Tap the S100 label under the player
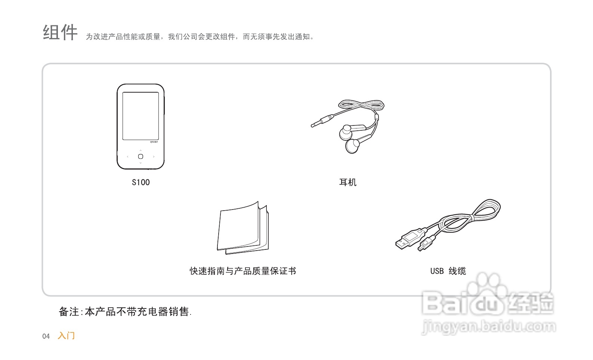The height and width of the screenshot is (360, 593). pyautogui.click(x=140, y=182)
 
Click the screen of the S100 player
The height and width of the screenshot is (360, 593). pyautogui.click(x=140, y=116)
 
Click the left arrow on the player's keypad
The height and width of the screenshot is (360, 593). pyautogui.click(x=128, y=156)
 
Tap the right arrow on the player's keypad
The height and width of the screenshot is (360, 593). pyautogui.click(x=154, y=156)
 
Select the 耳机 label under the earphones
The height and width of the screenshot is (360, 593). pyautogui.click(x=348, y=182)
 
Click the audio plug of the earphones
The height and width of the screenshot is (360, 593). pyautogui.click(x=321, y=121)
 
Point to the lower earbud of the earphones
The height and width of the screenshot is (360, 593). pyautogui.click(x=352, y=146)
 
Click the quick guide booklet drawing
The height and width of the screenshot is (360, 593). pyautogui.click(x=243, y=229)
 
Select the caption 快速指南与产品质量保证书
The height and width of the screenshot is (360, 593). pyautogui.click(x=243, y=271)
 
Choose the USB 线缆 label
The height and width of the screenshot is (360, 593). pyautogui.click(x=448, y=271)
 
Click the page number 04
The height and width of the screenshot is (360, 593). pyautogui.click(x=46, y=336)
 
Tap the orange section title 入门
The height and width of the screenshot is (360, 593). pyautogui.click(x=66, y=336)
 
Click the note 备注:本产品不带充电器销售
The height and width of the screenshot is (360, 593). pyautogui.click(x=125, y=311)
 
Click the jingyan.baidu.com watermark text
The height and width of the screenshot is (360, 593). pyautogui.click(x=488, y=327)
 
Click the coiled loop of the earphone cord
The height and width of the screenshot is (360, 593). pyautogui.click(x=361, y=105)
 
